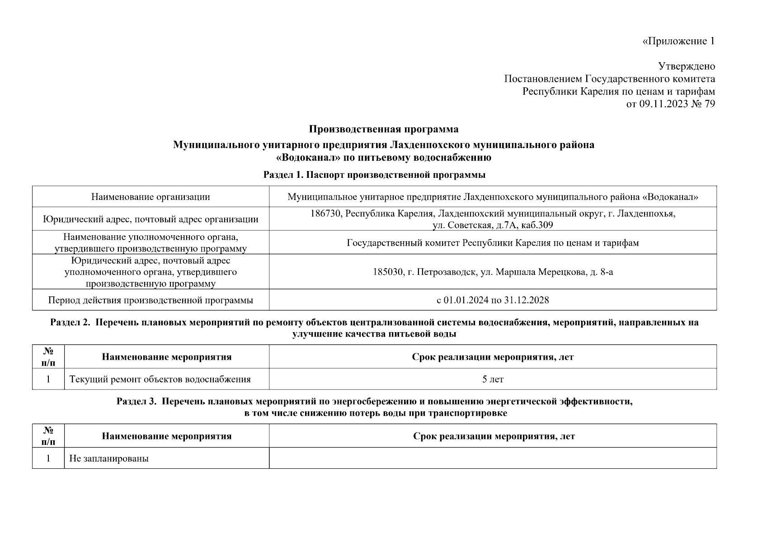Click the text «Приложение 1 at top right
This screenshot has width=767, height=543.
(678, 41)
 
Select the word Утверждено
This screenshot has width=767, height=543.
(686, 67)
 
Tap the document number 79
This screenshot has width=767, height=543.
(710, 104)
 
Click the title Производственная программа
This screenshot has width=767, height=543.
(383, 129)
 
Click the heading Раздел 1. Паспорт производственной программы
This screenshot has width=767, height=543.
(374, 175)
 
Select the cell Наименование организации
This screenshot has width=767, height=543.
(151, 197)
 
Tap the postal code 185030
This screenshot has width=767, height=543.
(387, 272)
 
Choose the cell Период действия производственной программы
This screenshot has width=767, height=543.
(151, 300)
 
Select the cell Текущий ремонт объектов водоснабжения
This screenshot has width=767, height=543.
(160, 379)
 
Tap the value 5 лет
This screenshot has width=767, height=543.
(492, 379)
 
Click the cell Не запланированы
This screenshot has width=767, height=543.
(109, 458)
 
